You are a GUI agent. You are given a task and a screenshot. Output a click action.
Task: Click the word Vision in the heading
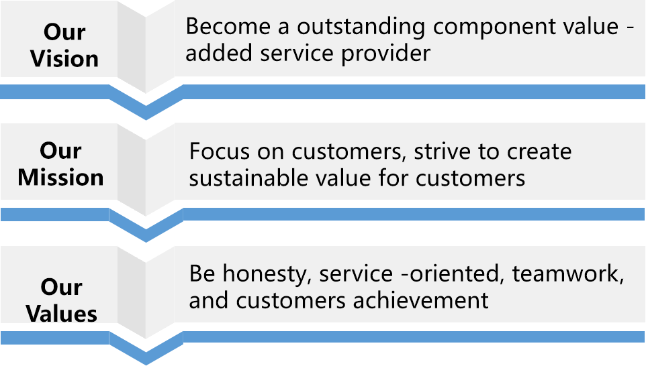click(x=64, y=58)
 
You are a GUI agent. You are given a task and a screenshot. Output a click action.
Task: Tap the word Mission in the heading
click(x=60, y=177)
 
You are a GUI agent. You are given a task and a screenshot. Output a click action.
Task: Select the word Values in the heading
click(x=61, y=313)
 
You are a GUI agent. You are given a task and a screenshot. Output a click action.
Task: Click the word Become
click(x=228, y=26)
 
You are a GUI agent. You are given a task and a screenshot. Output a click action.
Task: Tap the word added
click(x=219, y=53)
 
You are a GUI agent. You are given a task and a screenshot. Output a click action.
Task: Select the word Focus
click(x=220, y=151)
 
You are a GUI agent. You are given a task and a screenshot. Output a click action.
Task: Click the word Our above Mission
click(x=60, y=151)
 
